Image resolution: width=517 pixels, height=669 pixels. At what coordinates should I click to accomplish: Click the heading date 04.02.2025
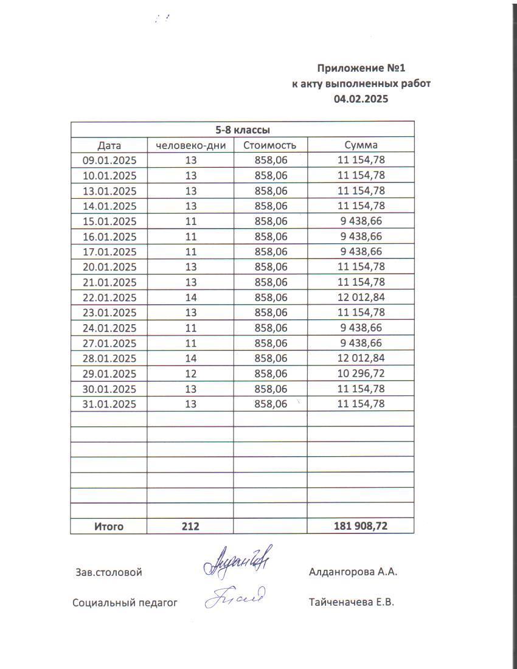pos(361,99)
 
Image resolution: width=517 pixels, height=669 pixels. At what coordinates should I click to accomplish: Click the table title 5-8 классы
pos(243,130)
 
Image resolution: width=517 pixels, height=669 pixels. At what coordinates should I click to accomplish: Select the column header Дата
pos(109,145)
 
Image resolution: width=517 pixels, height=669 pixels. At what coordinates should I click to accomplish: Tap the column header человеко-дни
pos(191,145)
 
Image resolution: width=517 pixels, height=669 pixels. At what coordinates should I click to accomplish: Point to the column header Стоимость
pos(269,145)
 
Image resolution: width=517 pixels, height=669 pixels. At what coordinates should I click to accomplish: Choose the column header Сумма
pos(361,145)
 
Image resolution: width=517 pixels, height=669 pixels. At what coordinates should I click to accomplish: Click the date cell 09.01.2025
pos(109,161)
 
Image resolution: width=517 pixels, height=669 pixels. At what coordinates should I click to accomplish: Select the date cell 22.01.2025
pos(109,297)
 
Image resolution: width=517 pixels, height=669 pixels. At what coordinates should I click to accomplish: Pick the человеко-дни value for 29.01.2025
pos(191,373)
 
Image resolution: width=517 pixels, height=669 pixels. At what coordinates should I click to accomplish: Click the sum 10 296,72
pos(361,373)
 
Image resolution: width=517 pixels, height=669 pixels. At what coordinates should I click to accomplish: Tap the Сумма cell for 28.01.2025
pos(361,358)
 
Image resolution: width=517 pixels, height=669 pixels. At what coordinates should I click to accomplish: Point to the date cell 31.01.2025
pos(109,404)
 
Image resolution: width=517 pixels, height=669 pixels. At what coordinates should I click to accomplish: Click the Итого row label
pos(108,527)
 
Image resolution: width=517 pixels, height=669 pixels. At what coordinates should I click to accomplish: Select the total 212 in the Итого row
pos(190,527)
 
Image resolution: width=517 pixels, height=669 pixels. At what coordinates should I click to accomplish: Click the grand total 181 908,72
pos(361,527)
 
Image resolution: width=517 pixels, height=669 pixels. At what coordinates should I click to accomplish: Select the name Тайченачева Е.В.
pos(352,603)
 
